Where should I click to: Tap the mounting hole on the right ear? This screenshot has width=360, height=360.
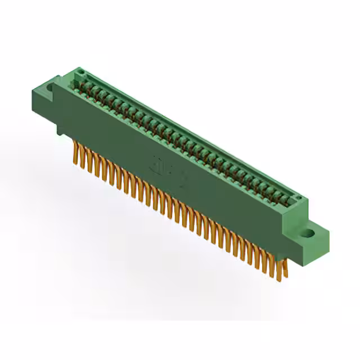coord(308,232)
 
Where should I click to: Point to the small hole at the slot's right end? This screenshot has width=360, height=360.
coord(298,198)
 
